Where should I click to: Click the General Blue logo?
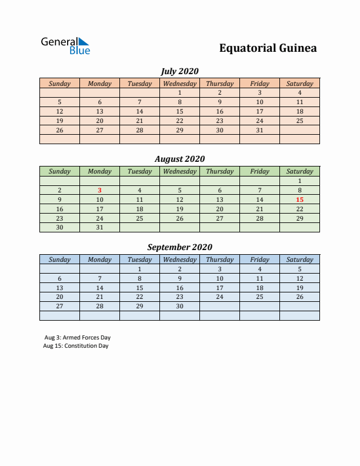(65, 46)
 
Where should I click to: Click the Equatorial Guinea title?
(268, 48)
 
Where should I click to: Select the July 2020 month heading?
(179, 71)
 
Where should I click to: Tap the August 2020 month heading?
(179, 159)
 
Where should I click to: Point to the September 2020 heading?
(179, 247)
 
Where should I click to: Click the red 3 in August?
(99, 190)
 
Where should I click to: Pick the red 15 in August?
(299, 199)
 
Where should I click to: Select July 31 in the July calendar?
(259, 130)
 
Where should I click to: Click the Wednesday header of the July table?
(179, 84)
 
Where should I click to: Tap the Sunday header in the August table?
(59, 171)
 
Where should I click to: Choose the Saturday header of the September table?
(299, 259)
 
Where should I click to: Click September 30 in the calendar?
(179, 306)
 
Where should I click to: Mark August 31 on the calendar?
(99, 227)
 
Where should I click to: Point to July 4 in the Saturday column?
(299, 92)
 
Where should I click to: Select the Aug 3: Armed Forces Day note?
(77, 338)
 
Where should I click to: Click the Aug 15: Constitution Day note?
(76, 346)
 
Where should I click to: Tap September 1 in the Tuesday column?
(139, 269)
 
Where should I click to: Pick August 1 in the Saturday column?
(299, 181)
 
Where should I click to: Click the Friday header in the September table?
(259, 259)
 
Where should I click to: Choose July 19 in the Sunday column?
(59, 121)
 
